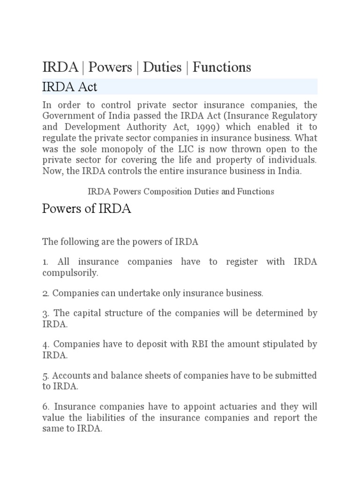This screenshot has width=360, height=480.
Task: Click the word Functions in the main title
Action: point(222,67)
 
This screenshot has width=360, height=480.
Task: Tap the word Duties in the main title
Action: point(162,67)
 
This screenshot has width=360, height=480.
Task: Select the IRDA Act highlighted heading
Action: point(70,87)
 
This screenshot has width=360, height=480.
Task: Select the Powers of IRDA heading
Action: point(87,209)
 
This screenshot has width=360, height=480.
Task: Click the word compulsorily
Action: point(70,273)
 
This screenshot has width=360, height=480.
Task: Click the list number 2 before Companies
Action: point(45,293)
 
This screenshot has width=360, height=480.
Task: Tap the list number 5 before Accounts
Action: point(45,375)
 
